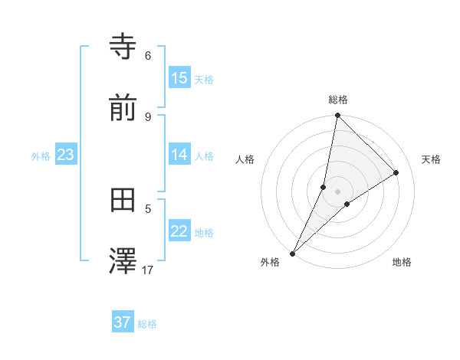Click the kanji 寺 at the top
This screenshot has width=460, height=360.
point(123,47)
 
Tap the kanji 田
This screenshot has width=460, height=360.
point(123,200)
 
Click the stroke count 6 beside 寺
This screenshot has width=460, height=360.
point(148,55)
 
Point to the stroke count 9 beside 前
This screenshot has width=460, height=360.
point(148,116)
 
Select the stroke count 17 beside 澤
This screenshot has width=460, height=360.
point(148,270)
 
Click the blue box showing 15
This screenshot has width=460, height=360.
point(179,78)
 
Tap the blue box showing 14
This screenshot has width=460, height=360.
point(179,155)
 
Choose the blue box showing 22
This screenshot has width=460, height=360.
point(179,231)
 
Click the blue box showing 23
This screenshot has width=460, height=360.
point(66,155)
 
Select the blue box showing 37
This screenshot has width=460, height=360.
point(123,322)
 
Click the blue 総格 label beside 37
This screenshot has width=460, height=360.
point(147,324)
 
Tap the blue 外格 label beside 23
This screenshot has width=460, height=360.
point(41,156)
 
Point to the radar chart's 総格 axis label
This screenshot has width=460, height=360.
point(338,100)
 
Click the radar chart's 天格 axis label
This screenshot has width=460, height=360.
point(431,159)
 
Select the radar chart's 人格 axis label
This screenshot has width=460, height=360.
point(245,159)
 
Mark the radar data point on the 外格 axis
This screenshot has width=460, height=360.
point(292,253)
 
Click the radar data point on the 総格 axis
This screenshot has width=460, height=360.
point(337,115)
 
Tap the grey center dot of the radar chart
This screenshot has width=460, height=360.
point(337,191)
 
